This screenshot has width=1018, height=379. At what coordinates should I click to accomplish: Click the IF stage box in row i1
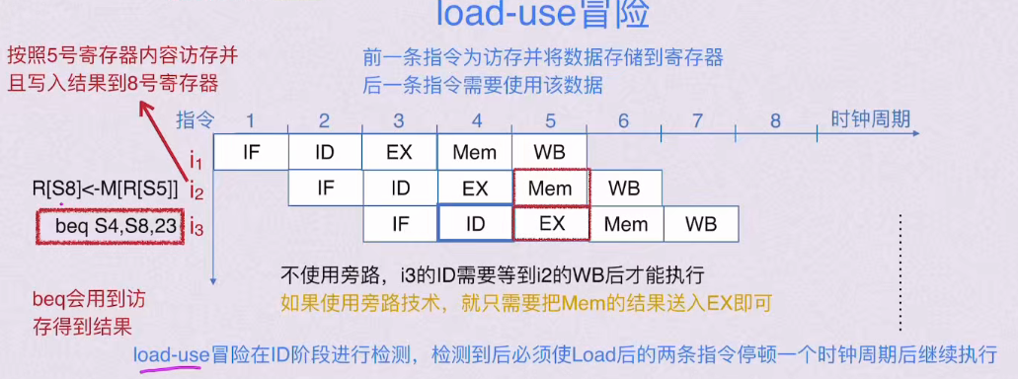[x=251, y=153]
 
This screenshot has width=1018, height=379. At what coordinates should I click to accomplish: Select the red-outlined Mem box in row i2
[x=550, y=188]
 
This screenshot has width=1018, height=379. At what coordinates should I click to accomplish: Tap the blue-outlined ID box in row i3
[x=475, y=223]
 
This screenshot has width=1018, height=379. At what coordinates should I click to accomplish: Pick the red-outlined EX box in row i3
[x=551, y=223]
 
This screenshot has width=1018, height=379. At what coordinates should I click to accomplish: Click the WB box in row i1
[x=549, y=153]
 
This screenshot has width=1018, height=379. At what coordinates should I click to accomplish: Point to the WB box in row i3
[x=700, y=223]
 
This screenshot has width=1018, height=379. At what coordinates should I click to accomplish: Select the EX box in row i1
[x=399, y=153]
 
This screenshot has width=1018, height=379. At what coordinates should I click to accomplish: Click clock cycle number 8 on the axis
[x=775, y=120]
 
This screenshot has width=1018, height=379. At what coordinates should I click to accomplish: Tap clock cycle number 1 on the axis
[x=251, y=120]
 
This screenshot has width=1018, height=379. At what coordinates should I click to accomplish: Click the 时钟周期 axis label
[x=870, y=119]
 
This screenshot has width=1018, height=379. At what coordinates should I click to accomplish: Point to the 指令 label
[x=195, y=120]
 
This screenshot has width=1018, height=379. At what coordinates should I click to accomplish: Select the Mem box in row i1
[x=474, y=153]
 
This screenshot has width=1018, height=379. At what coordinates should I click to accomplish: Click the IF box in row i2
[x=326, y=188]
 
